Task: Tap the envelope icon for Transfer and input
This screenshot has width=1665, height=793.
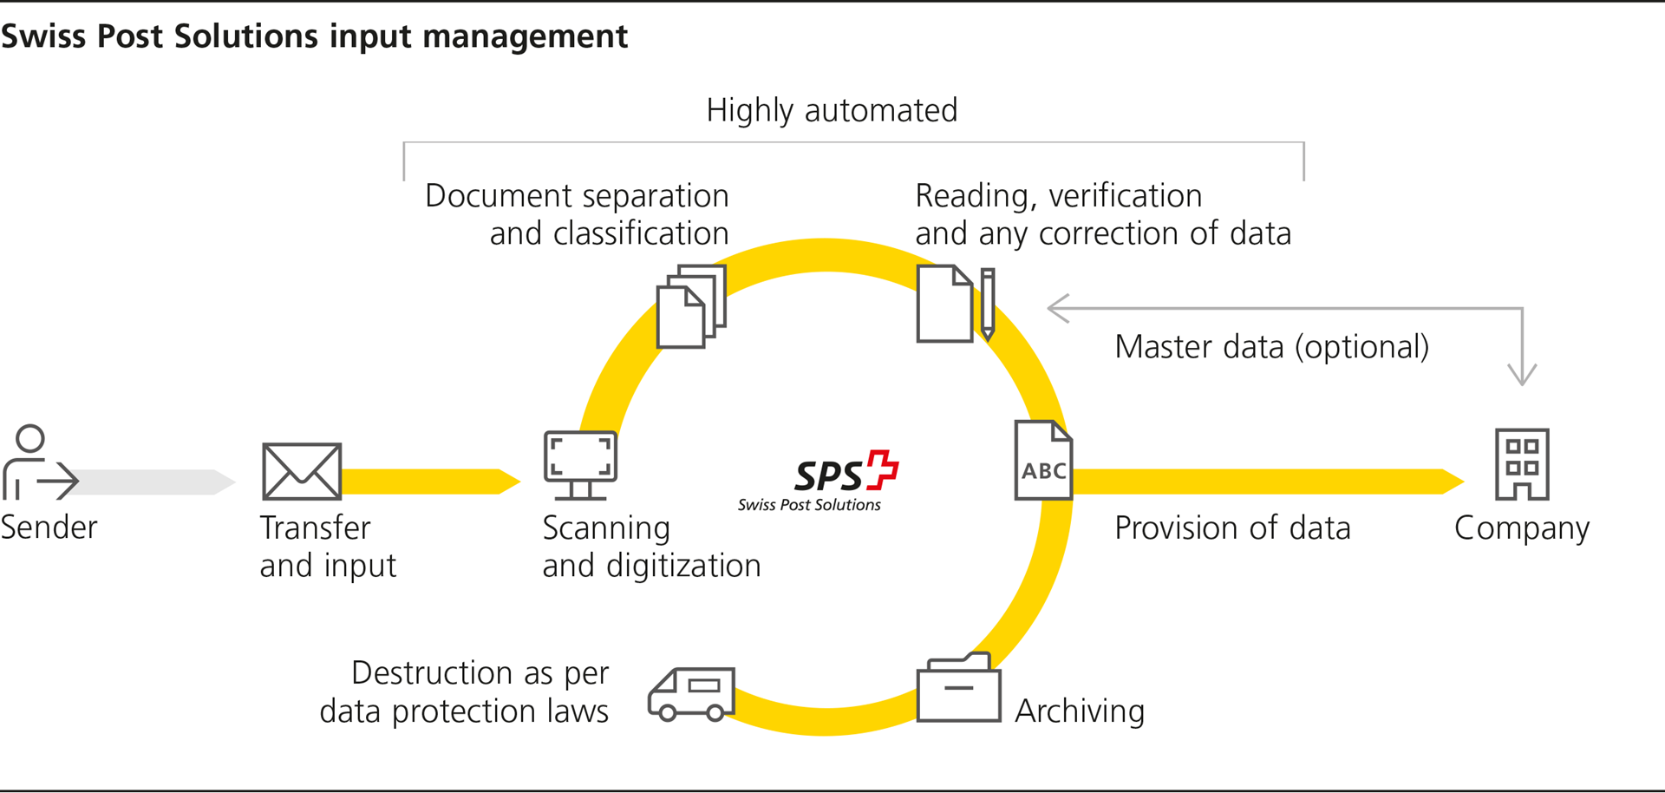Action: pos(302,471)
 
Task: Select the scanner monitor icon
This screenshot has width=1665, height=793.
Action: pos(580,464)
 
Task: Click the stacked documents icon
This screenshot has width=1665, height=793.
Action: pos(690,306)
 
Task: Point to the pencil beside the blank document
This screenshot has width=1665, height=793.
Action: pos(988,304)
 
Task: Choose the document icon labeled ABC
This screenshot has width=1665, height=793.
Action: pos(1043,461)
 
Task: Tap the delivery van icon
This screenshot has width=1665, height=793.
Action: pos(691,694)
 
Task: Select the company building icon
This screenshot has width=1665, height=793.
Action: pos(1522,464)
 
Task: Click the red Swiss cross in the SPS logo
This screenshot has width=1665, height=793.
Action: pos(883,469)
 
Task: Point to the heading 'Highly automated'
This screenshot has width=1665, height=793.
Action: pos(832,110)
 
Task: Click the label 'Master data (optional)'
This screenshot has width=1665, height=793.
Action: pos(1271,346)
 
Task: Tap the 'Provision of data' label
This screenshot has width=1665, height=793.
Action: pos(1232,528)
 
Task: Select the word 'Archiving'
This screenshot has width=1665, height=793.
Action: pos(1080,711)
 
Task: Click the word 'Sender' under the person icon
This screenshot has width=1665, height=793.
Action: pos(49,528)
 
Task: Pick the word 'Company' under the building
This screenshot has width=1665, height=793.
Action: pos(1522,528)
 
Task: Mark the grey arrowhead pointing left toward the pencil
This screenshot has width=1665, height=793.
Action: pos(1057,308)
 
